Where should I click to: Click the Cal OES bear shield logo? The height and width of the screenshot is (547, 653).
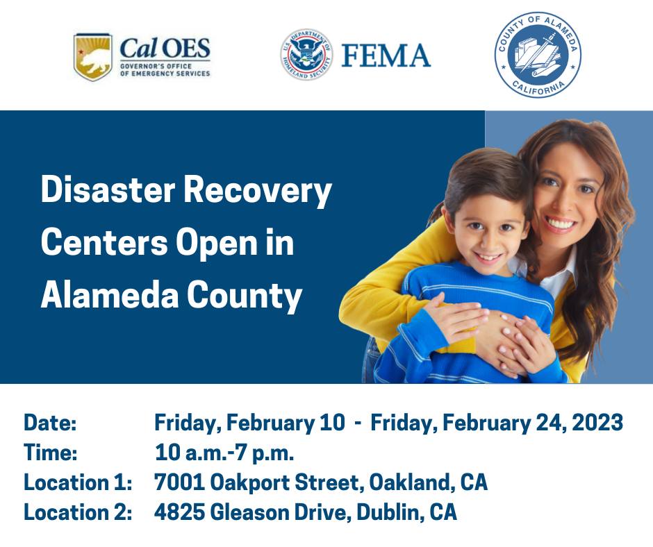click(x=93, y=57)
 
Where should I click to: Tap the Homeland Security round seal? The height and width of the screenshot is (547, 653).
click(x=306, y=55)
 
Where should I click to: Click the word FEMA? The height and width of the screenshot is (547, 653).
click(x=386, y=56)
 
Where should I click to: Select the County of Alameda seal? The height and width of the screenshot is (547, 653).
click(x=538, y=55)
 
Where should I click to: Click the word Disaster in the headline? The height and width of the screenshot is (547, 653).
click(x=108, y=190)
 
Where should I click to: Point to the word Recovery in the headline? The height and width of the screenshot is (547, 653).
click(x=257, y=192)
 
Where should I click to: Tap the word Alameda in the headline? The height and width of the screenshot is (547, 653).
click(x=110, y=295)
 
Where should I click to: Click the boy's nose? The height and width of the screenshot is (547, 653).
click(x=488, y=241)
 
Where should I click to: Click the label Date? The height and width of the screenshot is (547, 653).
click(x=51, y=423)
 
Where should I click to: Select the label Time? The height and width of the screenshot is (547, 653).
click(x=51, y=453)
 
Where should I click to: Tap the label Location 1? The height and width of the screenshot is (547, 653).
click(x=78, y=482)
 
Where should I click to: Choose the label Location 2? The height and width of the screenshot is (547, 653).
click(x=78, y=512)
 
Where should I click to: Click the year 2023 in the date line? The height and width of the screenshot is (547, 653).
click(x=597, y=423)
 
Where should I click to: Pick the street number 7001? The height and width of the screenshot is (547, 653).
click(x=179, y=482)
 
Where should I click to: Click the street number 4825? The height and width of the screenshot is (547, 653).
click(x=179, y=512)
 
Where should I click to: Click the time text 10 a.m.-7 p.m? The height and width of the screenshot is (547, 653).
click(x=224, y=453)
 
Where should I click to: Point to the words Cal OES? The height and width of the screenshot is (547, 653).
click(x=165, y=48)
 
